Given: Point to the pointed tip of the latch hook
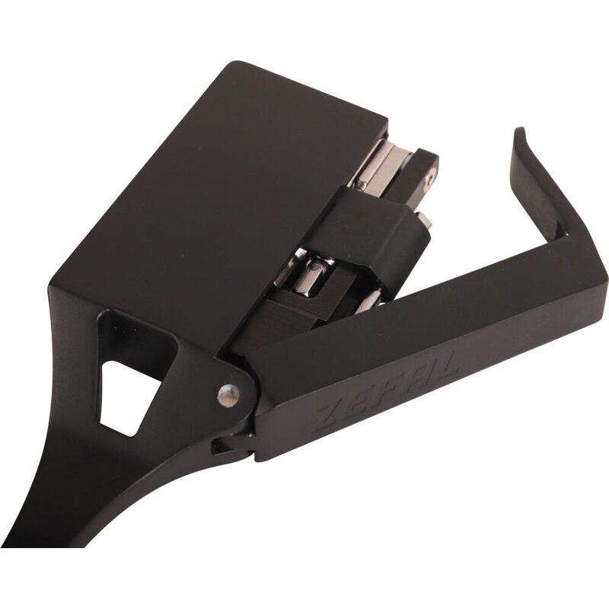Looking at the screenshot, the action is click(519, 129).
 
